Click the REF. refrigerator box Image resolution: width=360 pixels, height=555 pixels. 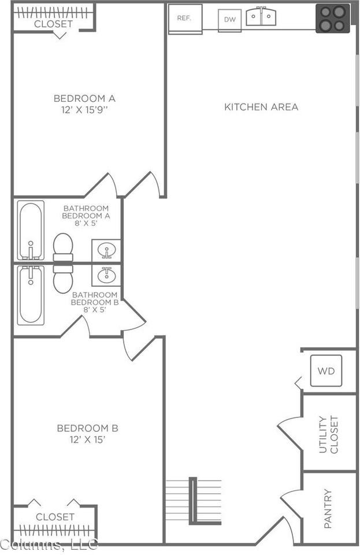(x=185, y=19)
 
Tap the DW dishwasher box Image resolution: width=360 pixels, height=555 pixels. (x=229, y=20)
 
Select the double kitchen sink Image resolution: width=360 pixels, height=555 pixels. (x=261, y=16)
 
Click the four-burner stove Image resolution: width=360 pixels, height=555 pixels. (x=332, y=18)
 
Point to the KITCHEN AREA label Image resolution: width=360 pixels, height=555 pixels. (x=261, y=107)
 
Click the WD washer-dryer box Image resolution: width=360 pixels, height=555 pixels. (x=326, y=371)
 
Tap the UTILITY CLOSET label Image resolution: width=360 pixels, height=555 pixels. (x=329, y=434)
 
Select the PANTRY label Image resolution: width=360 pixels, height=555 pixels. (x=328, y=509)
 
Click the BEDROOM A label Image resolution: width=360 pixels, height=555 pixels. (x=84, y=98)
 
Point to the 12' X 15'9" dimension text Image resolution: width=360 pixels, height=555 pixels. (x=84, y=110)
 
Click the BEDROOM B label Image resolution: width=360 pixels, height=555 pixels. (x=87, y=428)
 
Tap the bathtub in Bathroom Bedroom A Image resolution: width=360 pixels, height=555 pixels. (x=31, y=231)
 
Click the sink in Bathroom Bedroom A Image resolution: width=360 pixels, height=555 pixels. (x=106, y=250)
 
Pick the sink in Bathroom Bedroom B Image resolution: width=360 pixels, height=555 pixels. (x=106, y=275)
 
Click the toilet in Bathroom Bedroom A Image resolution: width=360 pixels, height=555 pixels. (x=63, y=247)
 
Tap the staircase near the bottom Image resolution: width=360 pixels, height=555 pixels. (x=194, y=501)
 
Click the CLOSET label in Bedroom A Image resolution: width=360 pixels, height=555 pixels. (x=53, y=24)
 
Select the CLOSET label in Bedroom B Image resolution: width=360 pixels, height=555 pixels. (x=55, y=517)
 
